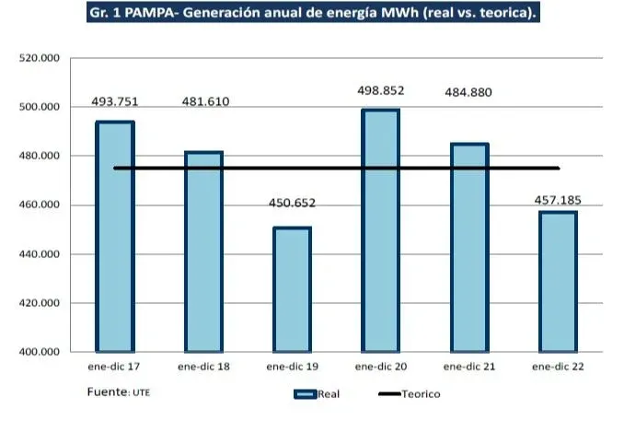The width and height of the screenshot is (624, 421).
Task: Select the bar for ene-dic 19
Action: coord(292,289)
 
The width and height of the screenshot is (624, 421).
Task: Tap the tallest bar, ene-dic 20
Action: coord(380,230)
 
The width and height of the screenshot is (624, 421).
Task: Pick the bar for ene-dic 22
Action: coord(558,282)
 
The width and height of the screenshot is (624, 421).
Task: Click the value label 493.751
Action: coord(114,101)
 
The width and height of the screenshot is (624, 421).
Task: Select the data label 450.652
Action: coord(292,204)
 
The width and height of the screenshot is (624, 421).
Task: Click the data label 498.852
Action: coord(380,90)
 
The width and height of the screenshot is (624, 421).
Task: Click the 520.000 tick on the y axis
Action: coord(39,58)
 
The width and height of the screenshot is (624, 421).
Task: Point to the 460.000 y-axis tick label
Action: coord(39,205)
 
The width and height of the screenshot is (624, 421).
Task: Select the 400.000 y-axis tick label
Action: coord(39,352)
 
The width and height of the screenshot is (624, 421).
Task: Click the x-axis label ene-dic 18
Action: coord(203,367)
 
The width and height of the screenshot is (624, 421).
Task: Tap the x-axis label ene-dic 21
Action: coord(469,367)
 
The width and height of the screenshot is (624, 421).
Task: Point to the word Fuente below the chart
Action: coord(107,392)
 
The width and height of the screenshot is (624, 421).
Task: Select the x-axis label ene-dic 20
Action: coord(380,367)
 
